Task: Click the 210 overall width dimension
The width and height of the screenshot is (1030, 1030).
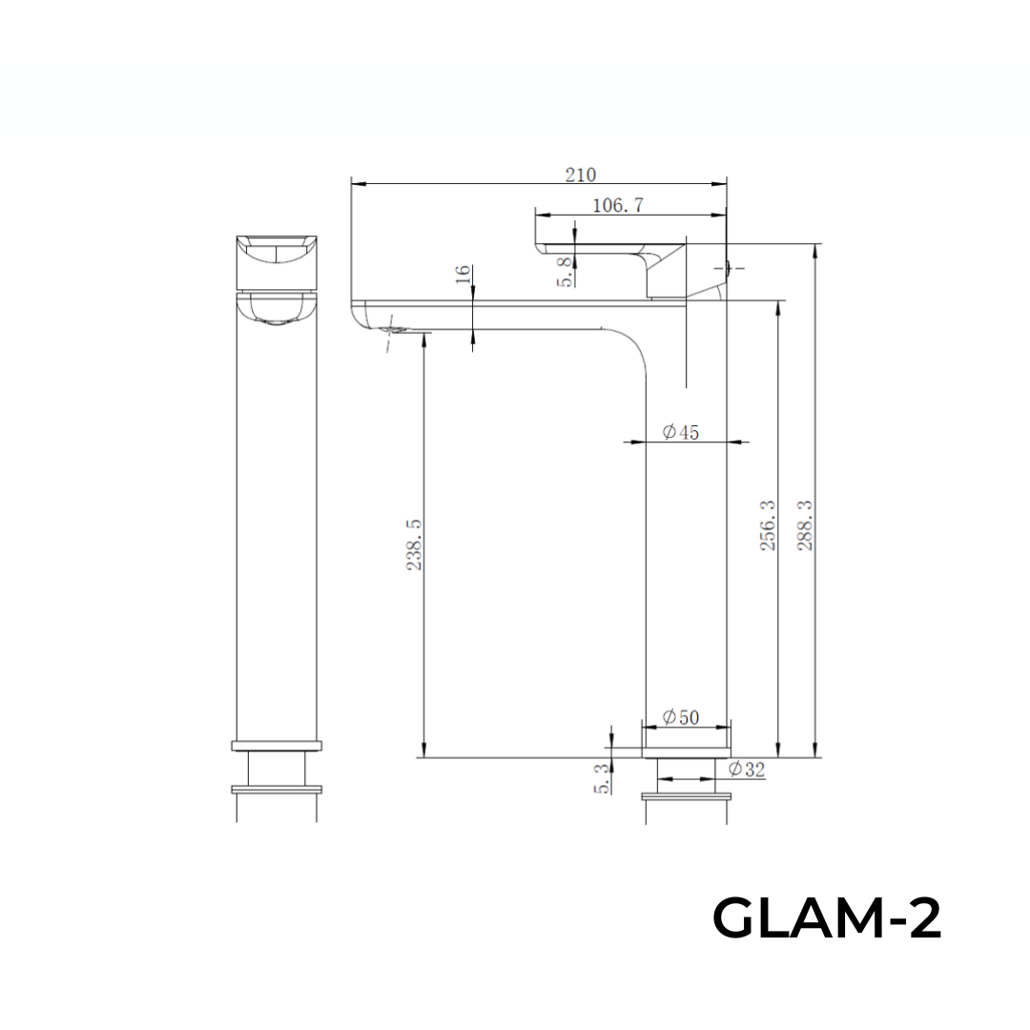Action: [x=580, y=175]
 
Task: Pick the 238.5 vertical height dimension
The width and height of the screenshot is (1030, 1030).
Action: [x=415, y=546]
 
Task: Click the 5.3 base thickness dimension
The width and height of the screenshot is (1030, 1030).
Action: [x=601, y=778]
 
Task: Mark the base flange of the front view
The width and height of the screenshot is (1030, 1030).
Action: [x=276, y=745]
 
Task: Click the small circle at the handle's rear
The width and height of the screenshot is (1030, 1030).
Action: [x=730, y=270]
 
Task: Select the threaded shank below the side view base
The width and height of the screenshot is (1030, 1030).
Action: [x=687, y=771]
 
